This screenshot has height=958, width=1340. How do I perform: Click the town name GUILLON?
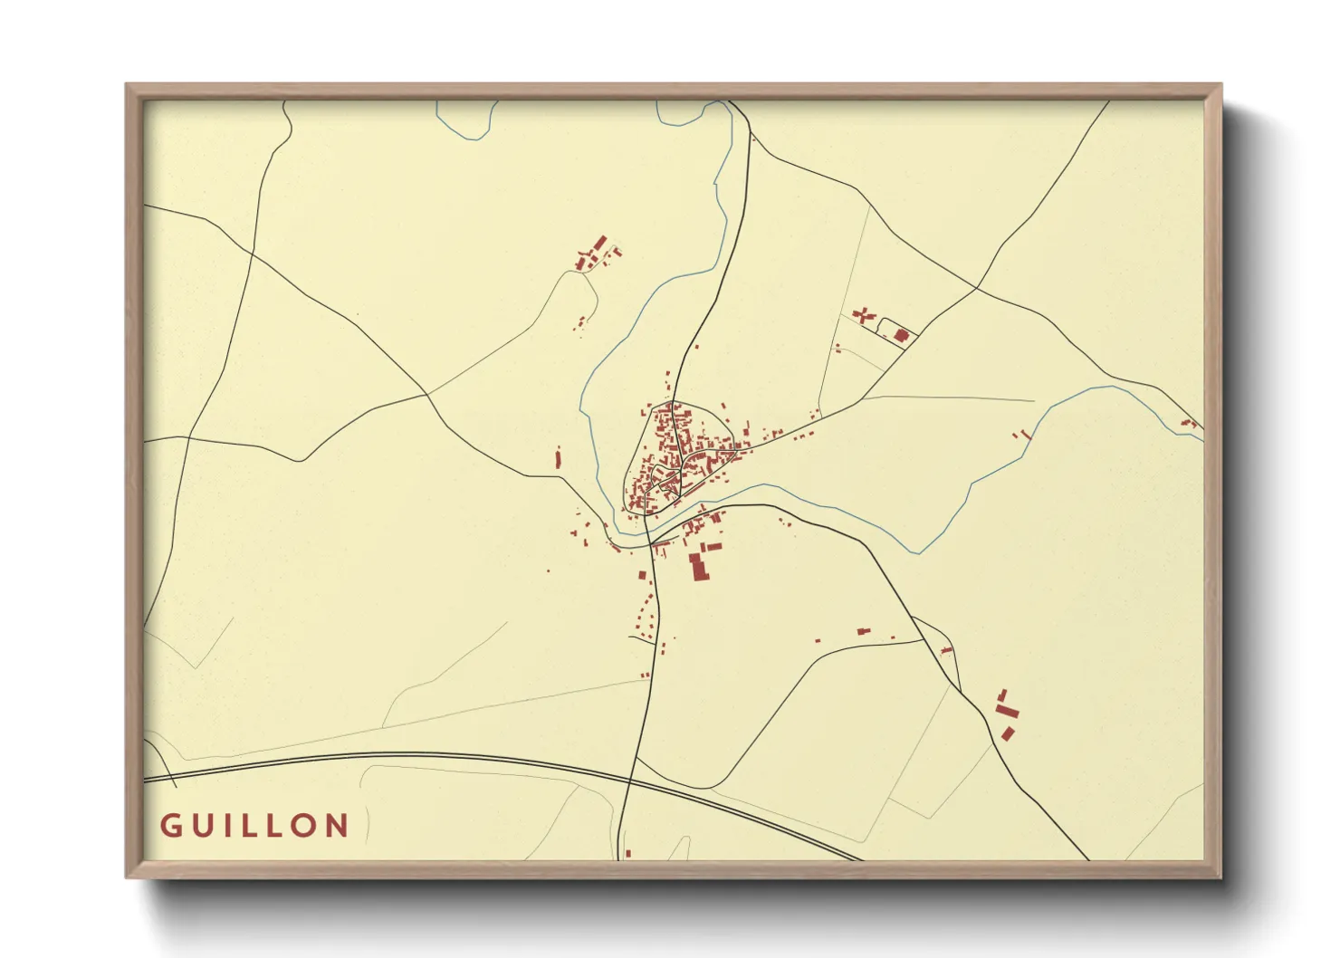point(254,826)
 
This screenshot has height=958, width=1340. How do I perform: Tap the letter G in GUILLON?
point(169,826)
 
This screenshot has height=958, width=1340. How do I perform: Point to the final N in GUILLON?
point(338,826)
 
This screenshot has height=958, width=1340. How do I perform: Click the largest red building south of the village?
point(698,567)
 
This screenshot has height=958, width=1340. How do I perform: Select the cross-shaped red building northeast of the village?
point(863,315)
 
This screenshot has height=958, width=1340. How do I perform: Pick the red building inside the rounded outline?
point(901,336)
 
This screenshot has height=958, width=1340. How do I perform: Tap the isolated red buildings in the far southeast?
point(1007,714)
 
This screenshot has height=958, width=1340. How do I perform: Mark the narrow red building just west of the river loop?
point(559,458)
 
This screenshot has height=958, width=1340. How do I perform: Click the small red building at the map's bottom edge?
point(627,853)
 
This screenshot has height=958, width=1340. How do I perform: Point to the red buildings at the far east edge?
point(1189,422)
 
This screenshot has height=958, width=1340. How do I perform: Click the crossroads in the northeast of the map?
point(977,289)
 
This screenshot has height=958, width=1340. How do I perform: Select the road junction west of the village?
point(427,394)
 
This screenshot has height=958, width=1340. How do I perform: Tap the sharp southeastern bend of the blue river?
point(920,552)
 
